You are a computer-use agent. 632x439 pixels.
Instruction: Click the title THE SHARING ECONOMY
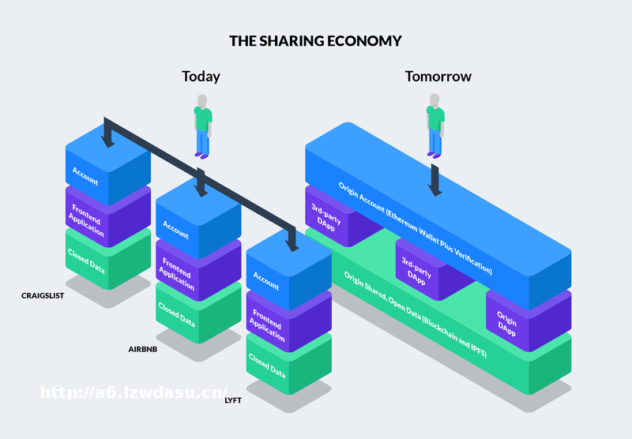point(315,40)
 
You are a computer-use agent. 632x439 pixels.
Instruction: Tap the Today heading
point(201,77)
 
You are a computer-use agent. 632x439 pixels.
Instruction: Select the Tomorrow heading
point(438,77)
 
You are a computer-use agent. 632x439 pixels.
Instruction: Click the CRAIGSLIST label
point(43,295)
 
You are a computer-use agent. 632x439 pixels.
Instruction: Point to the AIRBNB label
point(143,348)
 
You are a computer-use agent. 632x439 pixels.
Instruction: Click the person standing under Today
point(203,126)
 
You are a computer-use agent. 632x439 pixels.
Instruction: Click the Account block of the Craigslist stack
point(87,175)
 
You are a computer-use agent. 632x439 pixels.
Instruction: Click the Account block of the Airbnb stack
point(177,229)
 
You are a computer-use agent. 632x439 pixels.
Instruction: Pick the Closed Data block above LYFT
point(267,366)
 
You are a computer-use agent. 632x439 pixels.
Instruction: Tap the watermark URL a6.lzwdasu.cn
point(134,392)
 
